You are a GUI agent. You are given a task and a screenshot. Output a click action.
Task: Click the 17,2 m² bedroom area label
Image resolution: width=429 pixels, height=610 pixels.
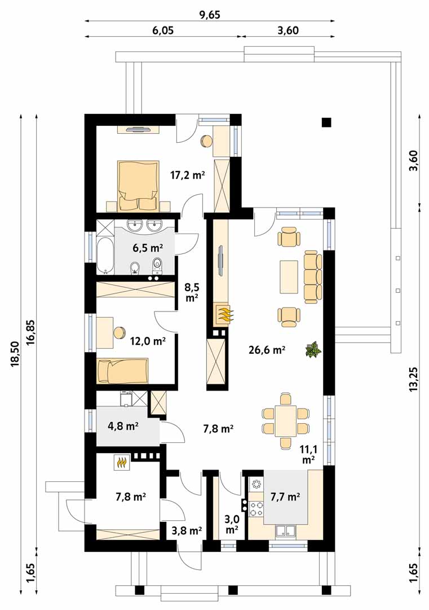[188, 175]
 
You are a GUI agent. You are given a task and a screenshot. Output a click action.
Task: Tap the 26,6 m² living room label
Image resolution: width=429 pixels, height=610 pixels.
[267, 350]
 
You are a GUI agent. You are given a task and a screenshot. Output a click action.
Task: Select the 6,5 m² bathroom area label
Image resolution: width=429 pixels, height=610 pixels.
[148, 247]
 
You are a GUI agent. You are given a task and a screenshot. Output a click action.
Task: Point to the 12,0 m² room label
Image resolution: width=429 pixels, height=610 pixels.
[148, 341]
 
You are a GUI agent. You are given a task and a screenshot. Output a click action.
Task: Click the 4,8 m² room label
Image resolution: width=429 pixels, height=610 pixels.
[123, 426]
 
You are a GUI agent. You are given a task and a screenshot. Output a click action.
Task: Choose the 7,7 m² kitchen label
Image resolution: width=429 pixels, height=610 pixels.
[285, 497]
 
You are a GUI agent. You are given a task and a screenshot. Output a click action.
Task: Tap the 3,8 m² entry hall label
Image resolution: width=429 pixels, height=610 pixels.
[187, 530]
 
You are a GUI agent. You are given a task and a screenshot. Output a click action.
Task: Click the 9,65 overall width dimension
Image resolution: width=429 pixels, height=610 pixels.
[210, 15]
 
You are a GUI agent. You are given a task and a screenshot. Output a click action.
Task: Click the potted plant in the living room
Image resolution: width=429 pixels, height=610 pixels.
[313, 349]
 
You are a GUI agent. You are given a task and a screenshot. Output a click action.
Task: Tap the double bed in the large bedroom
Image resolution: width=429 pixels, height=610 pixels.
[139, 186]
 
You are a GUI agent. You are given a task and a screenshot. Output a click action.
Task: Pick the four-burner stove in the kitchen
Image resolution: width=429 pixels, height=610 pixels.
[256, 509]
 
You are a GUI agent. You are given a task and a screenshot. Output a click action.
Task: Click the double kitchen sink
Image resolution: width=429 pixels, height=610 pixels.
[286, 532]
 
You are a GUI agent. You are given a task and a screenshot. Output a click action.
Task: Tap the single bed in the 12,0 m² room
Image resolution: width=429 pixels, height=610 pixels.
[122, 371]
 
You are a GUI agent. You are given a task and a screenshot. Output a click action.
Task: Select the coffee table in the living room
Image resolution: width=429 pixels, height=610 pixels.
[289, 277]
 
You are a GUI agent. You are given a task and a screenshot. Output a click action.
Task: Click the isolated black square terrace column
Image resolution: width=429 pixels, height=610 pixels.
[326, 122]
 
